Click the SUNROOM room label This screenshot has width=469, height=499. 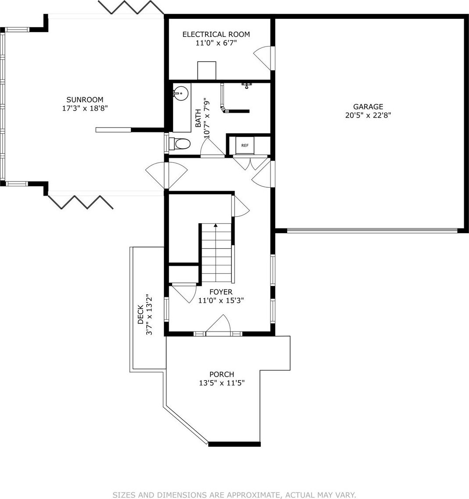tap(85, 100)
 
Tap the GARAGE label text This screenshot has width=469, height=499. tap(368, 107)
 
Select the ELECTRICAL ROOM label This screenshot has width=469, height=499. tap(216, 34)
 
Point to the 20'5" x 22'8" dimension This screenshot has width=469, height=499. tap(368, 115)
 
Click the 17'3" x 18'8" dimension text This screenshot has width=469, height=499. tap(85, 108)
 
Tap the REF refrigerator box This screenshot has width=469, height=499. tap(245, 146)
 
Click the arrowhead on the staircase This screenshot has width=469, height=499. tap(216, 225)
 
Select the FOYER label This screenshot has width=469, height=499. tap(221, 292)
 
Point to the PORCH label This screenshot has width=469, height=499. tap(222, 374)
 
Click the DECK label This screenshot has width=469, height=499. tap(141, 315)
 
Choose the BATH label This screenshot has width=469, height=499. tap(198, 118)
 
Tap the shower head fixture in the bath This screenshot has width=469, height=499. tap(246, 85)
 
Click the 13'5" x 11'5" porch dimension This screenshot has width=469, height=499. tap(222, 383)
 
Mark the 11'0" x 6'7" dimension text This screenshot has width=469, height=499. tap(216, 43)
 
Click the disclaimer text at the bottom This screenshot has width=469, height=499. tap(234, 495)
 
